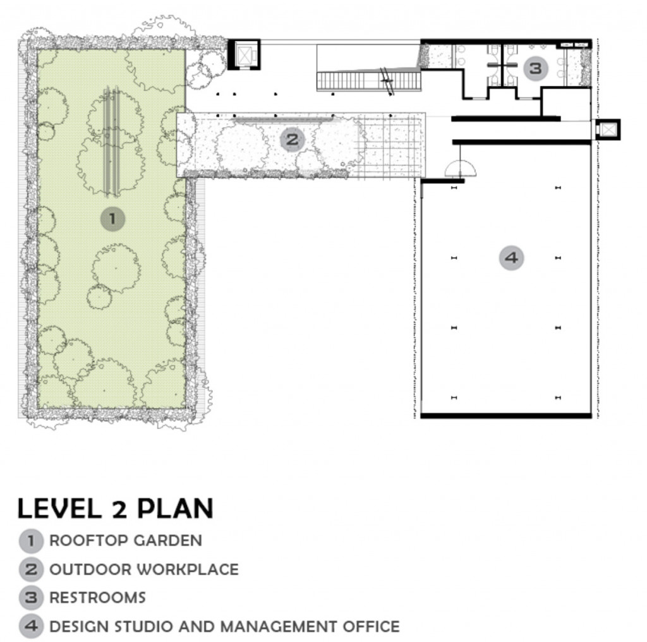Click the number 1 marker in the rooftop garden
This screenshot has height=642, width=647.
click(x=112, y=218)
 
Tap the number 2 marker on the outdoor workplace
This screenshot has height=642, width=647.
click(x=292, y=140)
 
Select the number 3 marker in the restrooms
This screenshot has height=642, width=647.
click(x=536, y=68)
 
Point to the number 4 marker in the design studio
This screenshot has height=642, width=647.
click(x=511, y=258)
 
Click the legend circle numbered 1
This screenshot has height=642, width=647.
click(x=31, y=541)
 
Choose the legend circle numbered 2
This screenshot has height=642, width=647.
click(x=31, y=569)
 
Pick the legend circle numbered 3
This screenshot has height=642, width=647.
click(x=31, y=598)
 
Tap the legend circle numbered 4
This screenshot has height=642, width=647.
click(x=31, y=626)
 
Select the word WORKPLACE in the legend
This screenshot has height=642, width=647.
click(x=188, y=569)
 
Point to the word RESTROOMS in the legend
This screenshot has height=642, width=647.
click(x=98, y=598)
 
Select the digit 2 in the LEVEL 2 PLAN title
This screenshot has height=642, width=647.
click(x=119, y=509)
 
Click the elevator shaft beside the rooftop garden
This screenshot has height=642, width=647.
click(x=244, y=54)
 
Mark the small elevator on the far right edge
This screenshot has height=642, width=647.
click(x=607, y=130)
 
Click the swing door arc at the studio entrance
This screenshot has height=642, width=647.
click(x=460, y=168)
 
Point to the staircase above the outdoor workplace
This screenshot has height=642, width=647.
click(x=369, y=81)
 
